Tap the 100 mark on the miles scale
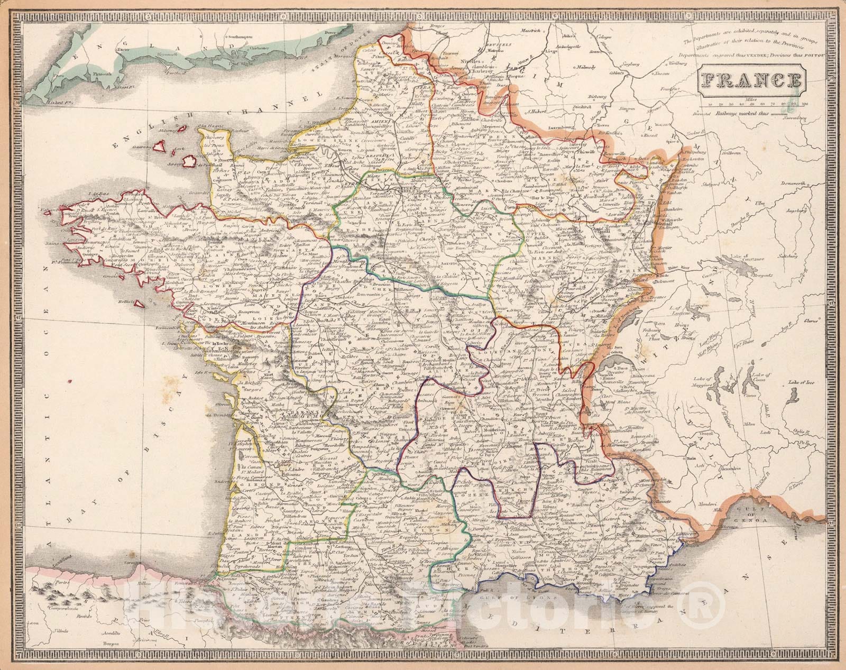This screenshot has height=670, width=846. pyautogui.click(x=805, y=105)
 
